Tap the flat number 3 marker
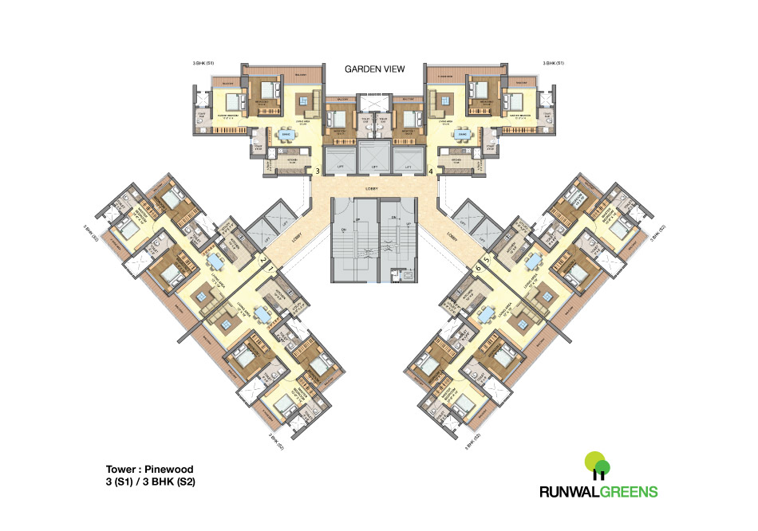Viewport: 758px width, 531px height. (x=318, y=171)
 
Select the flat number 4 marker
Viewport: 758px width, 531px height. (x=431, y=171)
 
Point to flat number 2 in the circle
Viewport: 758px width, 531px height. (x=262, y=260)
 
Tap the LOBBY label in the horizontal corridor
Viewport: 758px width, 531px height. (x=374, y=189)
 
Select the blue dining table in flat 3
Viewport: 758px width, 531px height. (x=286, y=135)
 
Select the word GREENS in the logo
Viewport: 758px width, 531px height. (x=628, y=492)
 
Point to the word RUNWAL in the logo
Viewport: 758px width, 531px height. (x=567, y=492)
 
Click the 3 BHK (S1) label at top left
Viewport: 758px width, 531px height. (x=203, y=62)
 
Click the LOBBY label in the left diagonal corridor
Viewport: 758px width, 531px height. (x=296, y=236)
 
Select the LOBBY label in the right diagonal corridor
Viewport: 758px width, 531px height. (x=452, y=236)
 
